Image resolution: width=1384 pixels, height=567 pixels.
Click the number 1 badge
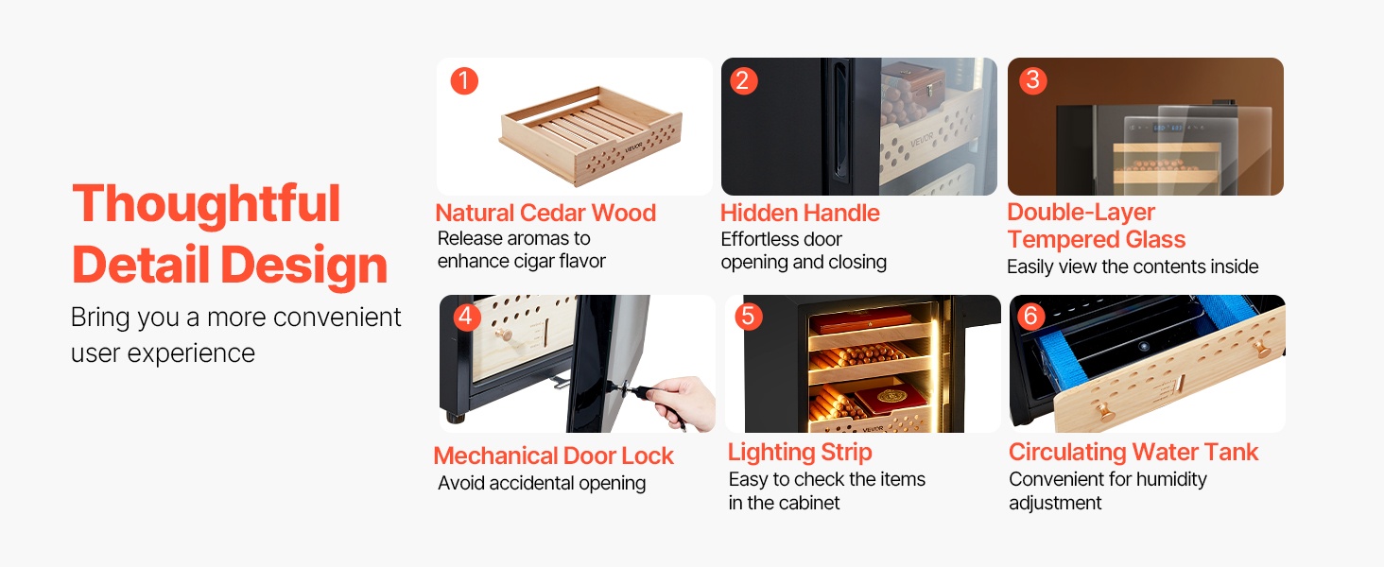coord(464,81)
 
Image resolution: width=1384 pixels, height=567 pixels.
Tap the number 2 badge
coord(743,81)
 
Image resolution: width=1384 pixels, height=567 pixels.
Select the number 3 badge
coord(1032,80)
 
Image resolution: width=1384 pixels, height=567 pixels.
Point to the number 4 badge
coord(466,317)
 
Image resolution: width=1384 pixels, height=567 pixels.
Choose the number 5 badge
coord(748,317)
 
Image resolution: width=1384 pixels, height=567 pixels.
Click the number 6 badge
coord(1030,317)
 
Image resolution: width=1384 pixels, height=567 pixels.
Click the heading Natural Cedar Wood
coord(545,213)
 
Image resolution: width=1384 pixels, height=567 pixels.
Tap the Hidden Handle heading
coord(800,213)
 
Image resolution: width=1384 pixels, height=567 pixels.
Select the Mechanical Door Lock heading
coord(554,455)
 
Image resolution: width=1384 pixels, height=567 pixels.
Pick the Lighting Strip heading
coord(800,453)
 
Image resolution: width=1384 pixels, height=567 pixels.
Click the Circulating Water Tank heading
coord(1133,453)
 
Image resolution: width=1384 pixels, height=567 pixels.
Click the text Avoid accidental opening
coord(542,483)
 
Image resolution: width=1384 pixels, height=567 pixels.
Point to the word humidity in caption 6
coord(1171,480)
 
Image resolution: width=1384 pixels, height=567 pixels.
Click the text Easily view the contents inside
coord(1133,266)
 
